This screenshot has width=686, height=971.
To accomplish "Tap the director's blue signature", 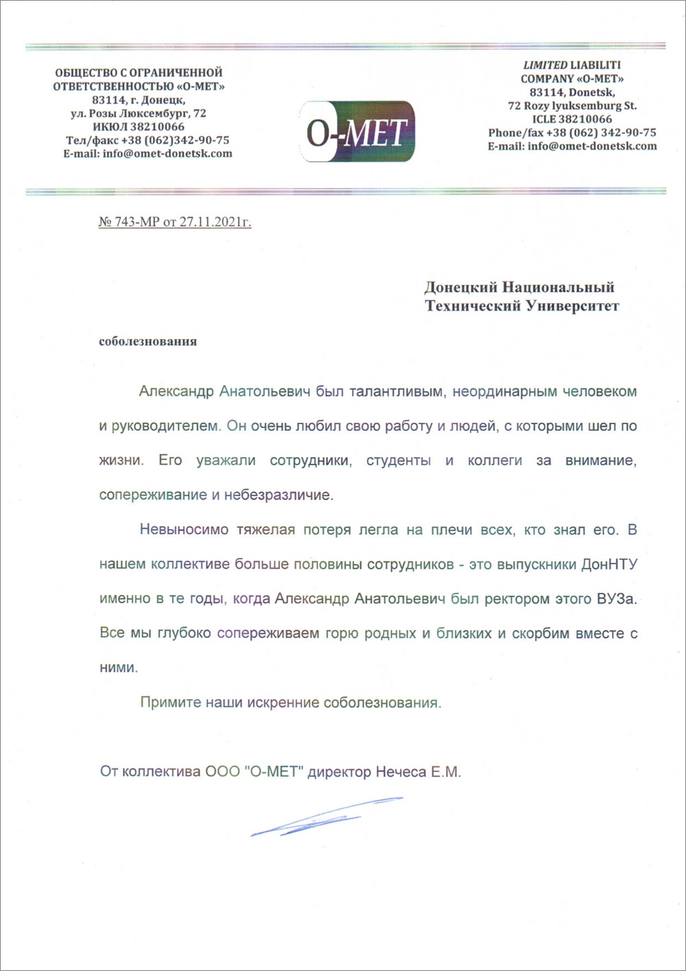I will click(x=325, y=817).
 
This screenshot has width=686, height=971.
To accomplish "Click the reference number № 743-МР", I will click(x=129, y=222).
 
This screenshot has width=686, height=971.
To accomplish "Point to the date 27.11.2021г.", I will click(x=215, y=222).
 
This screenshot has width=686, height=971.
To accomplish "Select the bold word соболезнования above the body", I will click(x=147, y=341).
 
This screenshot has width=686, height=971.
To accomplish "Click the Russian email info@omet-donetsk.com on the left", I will click(x=147, y=154).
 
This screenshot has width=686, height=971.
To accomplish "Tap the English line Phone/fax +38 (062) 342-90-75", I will click(x=571, y=132).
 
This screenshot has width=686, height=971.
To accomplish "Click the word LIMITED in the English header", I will click(x=545, y=65).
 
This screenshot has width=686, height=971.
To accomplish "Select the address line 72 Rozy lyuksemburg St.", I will click(x=571, y=106).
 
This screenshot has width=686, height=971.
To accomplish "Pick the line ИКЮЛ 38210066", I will click(x=139, y=127).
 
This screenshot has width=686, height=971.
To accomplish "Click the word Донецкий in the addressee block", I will click(x=460, y=287).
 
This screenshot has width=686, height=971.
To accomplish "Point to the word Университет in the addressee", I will click(x=573, y=306).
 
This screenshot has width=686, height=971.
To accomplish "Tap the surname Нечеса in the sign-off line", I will click(x=401, y=772).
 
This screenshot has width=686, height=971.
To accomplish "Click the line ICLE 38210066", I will click(x=571, y=119).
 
